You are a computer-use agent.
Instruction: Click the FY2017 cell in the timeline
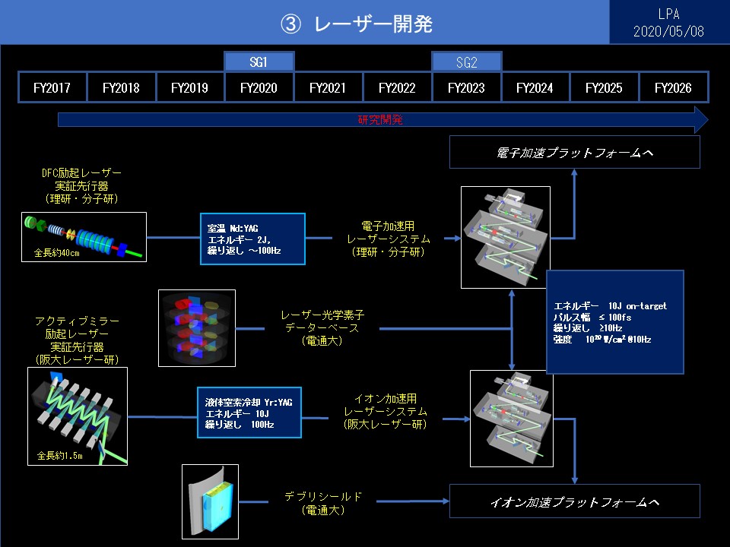[x=52, y=87]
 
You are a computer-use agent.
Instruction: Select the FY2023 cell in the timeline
[x=466, y=87]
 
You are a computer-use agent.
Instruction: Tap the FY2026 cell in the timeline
[x=673, y=87]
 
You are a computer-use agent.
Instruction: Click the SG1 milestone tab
[x=259, y=62]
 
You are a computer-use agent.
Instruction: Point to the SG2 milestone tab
[x=466, y=62]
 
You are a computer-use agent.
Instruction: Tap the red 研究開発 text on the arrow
[x=380, y=120]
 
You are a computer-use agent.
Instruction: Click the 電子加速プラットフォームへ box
[x=574, y=153]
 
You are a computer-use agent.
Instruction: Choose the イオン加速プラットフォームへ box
[x=574, y=502]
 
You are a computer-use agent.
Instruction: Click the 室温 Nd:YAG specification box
[x=252, y=239]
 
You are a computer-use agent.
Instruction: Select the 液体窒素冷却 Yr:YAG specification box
[x=252, y=413]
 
